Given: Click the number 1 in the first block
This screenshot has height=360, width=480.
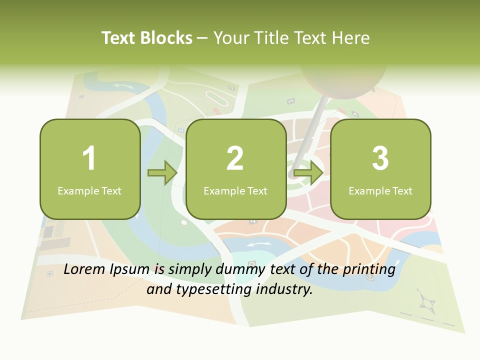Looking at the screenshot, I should (89, 158).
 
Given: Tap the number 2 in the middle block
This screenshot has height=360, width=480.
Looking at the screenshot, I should (235, 158).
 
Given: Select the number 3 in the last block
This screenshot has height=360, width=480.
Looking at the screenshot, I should (380, 158).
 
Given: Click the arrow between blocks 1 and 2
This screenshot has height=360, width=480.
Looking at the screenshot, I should (162, 173).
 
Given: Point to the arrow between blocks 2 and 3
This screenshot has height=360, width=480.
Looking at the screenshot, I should (308, 173).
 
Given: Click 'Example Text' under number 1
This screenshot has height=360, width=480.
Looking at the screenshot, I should (89, 190).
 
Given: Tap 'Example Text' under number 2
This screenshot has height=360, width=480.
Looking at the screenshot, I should (235, 190).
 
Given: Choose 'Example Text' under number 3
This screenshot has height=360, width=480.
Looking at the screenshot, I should (380, 190).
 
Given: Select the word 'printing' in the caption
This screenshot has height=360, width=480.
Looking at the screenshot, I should (369, 270).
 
